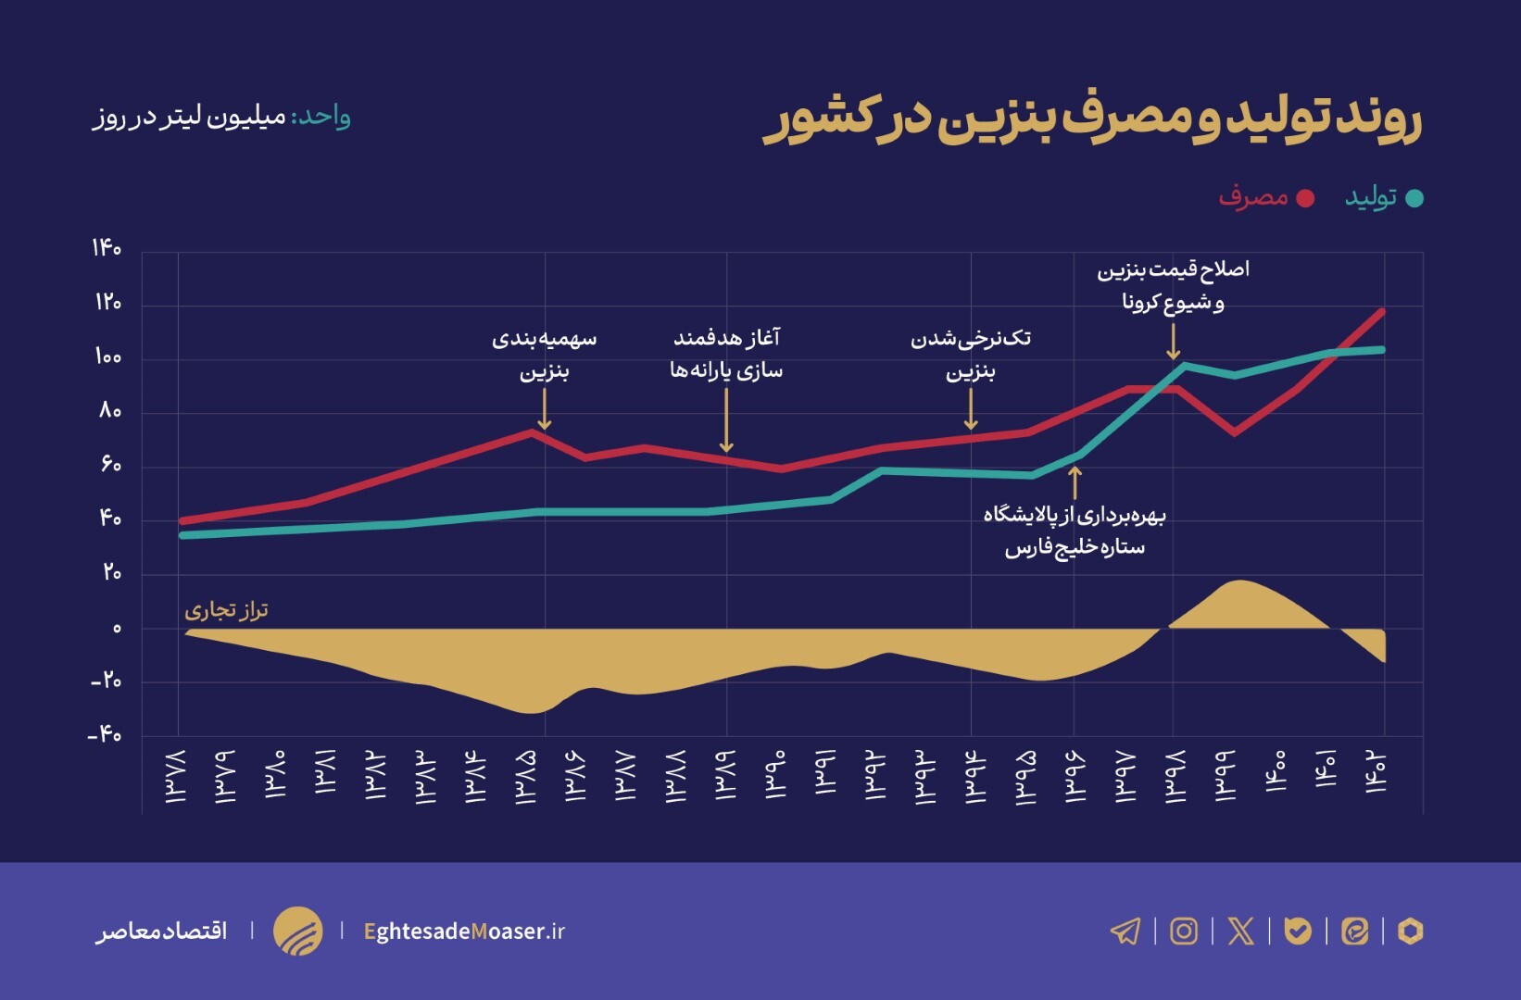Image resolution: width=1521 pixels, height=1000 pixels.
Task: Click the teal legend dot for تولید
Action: (1414, 198)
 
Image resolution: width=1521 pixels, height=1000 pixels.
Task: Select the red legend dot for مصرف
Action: (1305, 198)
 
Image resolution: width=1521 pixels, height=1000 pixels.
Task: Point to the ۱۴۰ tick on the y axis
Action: (107, 248)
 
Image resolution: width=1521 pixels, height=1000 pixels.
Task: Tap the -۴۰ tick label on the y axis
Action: (105, 735)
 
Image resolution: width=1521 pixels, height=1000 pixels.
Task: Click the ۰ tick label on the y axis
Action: (117, 629)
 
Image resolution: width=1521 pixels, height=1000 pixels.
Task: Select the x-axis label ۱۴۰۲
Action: (1376, 771)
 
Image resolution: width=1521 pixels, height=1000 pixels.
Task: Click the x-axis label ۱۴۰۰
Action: (1276, 771)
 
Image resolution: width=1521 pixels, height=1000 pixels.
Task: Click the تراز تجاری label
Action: (226, 610)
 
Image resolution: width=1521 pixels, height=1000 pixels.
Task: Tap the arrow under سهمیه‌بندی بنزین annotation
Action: (545, 409)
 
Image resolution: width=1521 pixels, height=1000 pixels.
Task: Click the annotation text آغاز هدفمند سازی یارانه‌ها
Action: (726, 354)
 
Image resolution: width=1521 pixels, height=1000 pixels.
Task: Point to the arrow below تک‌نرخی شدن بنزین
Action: (971, 409)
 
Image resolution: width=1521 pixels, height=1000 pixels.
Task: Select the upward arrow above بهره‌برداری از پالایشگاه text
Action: (1075, 482)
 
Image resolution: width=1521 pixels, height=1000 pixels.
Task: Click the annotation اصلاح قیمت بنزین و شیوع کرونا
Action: (1173, 285)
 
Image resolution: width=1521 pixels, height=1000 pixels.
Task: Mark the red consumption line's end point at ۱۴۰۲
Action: (1382, 312)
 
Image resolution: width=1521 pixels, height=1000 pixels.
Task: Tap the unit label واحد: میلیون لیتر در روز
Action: (221, 118)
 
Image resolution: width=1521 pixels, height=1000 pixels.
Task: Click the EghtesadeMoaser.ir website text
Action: (464, 931)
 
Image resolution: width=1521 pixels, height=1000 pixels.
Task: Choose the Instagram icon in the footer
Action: (1184, 931)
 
